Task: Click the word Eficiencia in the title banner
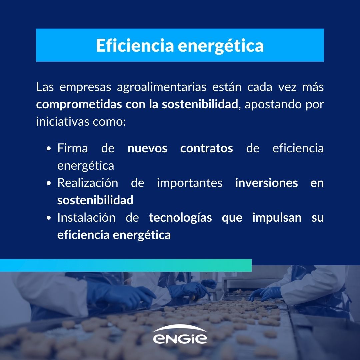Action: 135,45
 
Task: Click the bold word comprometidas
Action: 79,105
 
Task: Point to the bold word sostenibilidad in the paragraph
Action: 200,104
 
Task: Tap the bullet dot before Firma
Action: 48,148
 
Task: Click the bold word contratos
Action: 207,148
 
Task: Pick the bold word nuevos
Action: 147,149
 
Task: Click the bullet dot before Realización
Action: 48,183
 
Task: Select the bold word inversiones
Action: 267,183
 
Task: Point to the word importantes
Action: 190,183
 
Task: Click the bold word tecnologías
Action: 180,218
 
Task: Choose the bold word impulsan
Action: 277,218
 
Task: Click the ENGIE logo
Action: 180,334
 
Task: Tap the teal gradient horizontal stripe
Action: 126,265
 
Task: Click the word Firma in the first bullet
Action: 73,148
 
